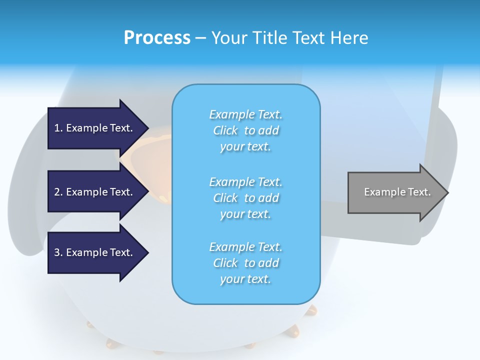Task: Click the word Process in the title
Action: [157, 38]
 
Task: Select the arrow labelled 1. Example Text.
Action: [95, 128]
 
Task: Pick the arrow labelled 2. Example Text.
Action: [95, 192]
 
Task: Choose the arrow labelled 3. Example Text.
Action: [95, 252]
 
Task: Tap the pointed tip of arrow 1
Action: [147, 128]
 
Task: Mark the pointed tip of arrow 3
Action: [147, 252]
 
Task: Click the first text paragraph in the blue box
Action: [245, 130]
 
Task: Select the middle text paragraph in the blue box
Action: [245, 198]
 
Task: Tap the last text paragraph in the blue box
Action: [245, 263]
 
